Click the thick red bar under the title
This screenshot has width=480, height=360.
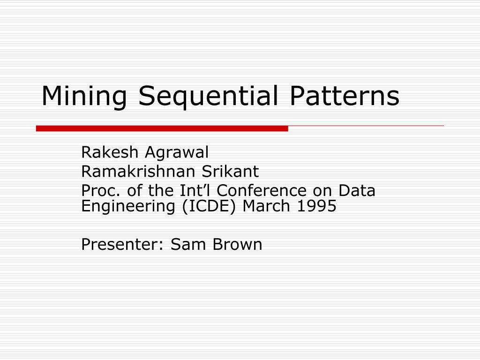(x=162, y=128)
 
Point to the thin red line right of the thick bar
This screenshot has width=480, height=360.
(x=366, y=126)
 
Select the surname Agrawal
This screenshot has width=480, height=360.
(x=176, y=153)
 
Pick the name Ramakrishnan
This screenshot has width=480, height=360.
(x=138, y=172)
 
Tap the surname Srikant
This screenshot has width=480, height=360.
(x=230, y=172)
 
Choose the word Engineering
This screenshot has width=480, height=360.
(x=127, y=207)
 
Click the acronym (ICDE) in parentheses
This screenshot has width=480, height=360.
(x=206, y=207)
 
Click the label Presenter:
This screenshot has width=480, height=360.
(x=123, y=244)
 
